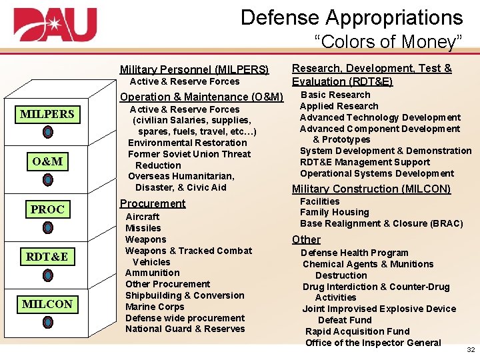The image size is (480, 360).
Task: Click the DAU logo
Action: pos(55,25)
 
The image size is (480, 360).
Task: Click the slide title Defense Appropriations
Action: pos(351,17)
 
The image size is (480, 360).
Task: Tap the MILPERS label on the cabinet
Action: pos(47,114)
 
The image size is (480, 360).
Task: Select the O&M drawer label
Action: pos(47,161)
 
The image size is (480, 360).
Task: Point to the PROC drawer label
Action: pos(47,209)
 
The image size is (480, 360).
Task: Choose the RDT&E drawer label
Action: pos(47,257)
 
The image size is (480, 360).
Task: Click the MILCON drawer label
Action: pos(47,304)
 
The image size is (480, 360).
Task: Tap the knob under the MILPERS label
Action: pos(48,132)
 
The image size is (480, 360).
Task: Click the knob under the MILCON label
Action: pos(48,322)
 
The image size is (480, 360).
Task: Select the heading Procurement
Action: pos(152,203)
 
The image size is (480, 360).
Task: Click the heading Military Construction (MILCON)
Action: pos(371,189)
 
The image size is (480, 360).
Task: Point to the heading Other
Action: pos(306,239)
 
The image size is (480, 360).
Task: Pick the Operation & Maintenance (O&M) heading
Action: pos(201,97)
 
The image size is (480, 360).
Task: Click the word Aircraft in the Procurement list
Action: pos(143,217)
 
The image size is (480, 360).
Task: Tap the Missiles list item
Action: pos(143,228)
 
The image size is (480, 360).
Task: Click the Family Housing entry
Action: pos(334,212)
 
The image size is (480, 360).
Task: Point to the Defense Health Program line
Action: pos(354,253)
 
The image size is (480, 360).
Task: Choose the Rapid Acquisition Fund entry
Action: pos(357,331)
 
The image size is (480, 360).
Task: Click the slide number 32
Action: pos(471,349)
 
